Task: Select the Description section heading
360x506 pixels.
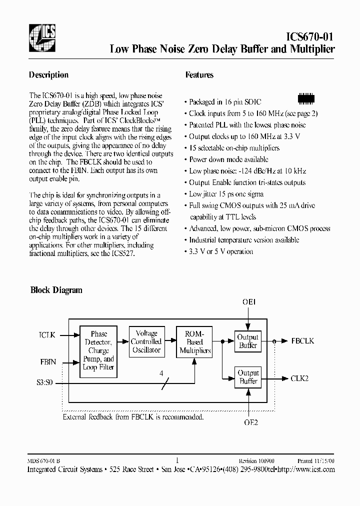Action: [49, 75]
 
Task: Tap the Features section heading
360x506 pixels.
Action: [199, 75]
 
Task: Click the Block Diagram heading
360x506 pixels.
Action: [56, 290]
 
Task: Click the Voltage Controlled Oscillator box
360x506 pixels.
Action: [146, 341]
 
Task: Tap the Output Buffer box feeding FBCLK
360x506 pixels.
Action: [248, 341]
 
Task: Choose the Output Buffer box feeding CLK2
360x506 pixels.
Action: [248, 377]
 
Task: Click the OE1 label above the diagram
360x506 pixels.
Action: [248, 302]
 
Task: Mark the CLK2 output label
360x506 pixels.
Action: [299, 378]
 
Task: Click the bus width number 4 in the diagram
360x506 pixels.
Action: [161, 373]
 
